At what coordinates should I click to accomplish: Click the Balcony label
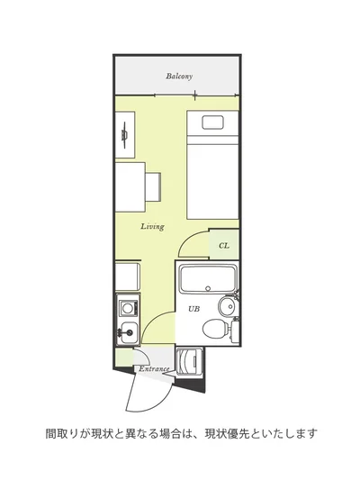(x=179, y=76)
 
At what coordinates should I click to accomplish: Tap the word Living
(x=152, y=227)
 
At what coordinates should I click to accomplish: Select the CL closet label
(x=224, y=246)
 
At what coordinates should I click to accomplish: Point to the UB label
(x=193, y=309)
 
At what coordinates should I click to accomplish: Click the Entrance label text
(x=154, y=369)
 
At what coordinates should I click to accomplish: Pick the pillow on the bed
(x=213, y=122)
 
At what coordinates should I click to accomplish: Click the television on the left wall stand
(x=124, y=135)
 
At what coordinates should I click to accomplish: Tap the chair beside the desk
(x=153, y=186)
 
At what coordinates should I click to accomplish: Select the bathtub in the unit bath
(x=208, y=278)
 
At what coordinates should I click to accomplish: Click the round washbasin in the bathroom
(x=228, y=305)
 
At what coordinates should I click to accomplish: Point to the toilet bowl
(x=214, y=330)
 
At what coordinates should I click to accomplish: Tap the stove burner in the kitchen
(x=126, y=307)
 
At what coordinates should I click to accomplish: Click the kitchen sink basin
(x=129, y=332)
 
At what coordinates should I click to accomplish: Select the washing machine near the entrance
(x=190, y=363)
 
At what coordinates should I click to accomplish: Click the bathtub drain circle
(x=208, y=288)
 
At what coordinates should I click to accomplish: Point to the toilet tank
(x=235, y=331)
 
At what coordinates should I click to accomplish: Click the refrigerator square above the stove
(x=128, y=276)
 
